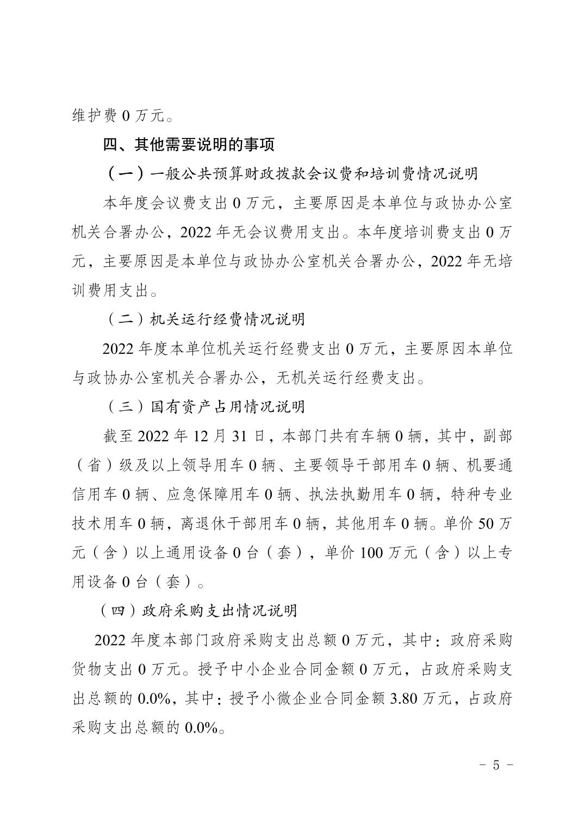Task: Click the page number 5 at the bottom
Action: coord(495,765)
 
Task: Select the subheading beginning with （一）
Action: coord(291,174)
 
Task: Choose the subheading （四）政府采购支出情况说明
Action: coord(198,610)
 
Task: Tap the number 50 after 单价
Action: coord(487,523)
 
